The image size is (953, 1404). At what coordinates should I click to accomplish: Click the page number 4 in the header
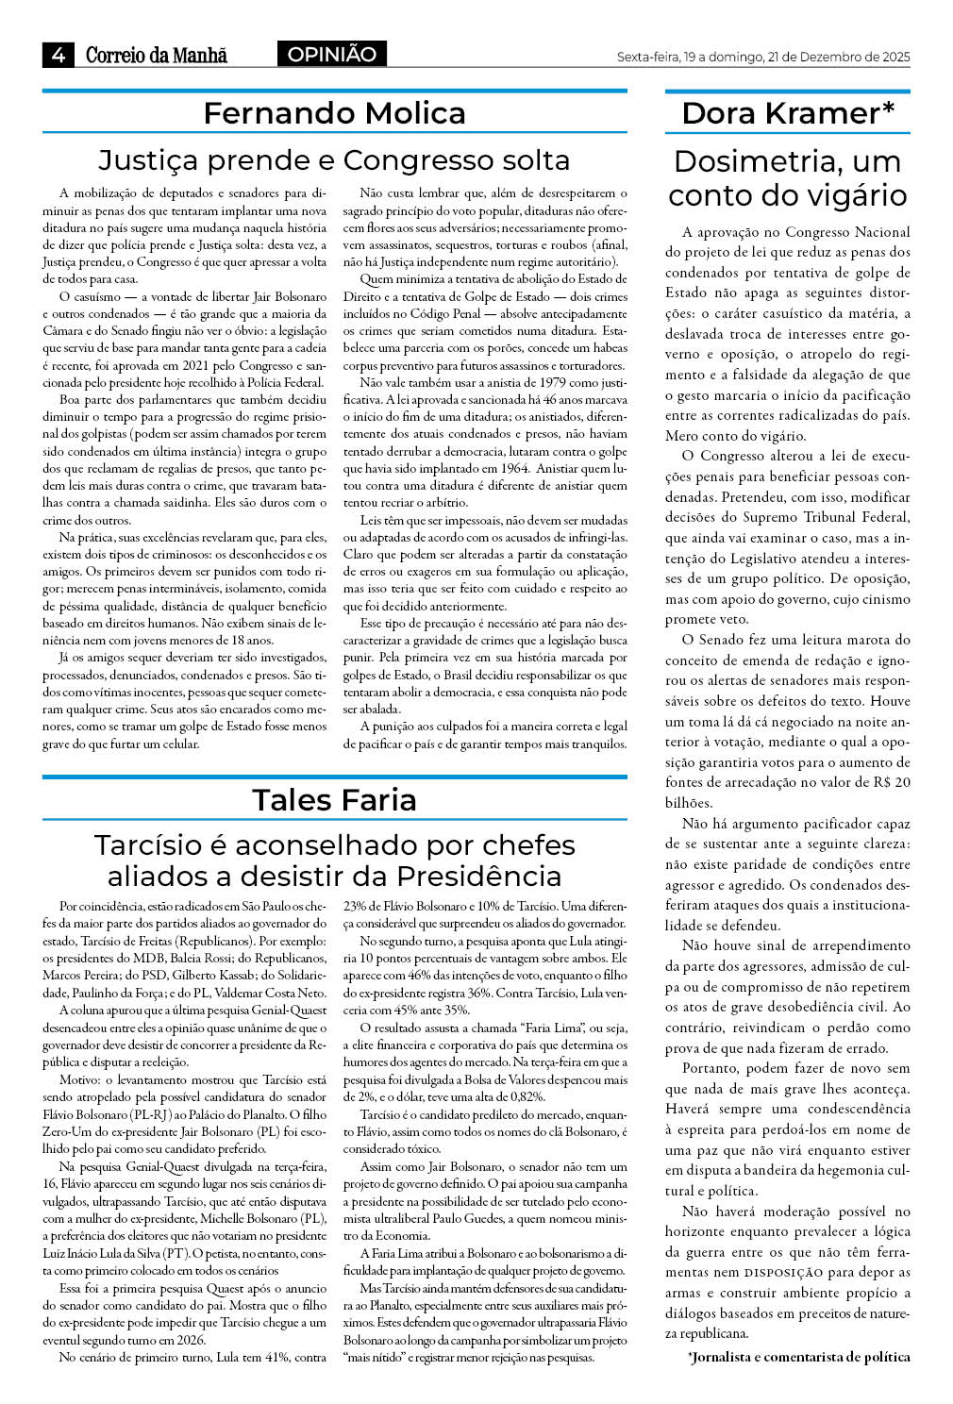59,55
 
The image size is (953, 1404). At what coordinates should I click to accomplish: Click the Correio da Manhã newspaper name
157,55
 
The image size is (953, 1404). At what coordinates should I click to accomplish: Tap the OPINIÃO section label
331,55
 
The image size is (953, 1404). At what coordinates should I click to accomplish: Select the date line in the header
762,58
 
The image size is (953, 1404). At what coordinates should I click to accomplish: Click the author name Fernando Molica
334,113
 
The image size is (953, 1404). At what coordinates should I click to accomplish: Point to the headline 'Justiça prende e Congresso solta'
334,159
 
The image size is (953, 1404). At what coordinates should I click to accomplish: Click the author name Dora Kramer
781,113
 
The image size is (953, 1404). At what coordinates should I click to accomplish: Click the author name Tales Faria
334,800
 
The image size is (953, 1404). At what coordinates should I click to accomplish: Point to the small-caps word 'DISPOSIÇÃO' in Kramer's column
781,1273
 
